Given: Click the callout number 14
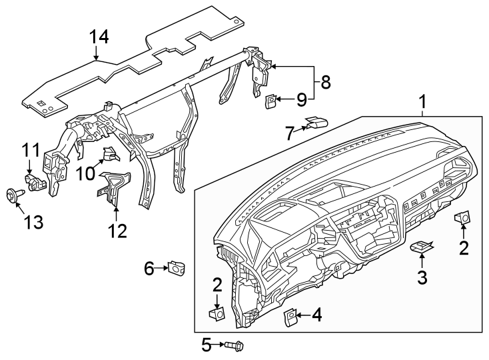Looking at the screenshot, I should (99, 36).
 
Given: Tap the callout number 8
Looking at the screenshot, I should (325, 82).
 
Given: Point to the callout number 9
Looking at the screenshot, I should (301, 100).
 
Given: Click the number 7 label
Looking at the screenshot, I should (289, 134).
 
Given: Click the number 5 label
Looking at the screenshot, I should (206, 345).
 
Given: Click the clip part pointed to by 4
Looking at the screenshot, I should (291, 316).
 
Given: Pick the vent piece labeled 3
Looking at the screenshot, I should (421, 247).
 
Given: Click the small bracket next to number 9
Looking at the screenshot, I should (272, 100).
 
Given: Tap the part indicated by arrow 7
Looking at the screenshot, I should (316, 123).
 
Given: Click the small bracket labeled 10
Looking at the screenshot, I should (109, 155).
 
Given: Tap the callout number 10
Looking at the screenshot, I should (85, 173).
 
